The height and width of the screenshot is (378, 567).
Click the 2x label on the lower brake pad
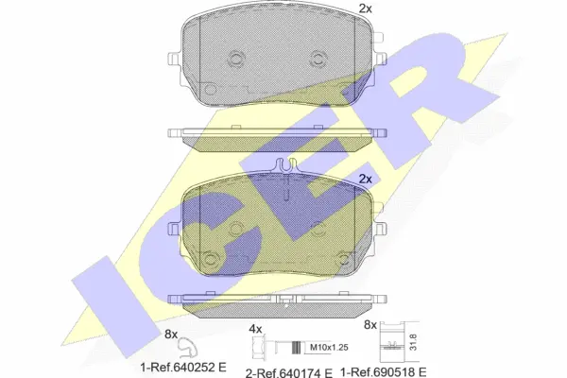point(366,178)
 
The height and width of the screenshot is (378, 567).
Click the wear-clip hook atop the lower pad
point(284,166)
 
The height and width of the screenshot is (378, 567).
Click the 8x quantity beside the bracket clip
point(370,325)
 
